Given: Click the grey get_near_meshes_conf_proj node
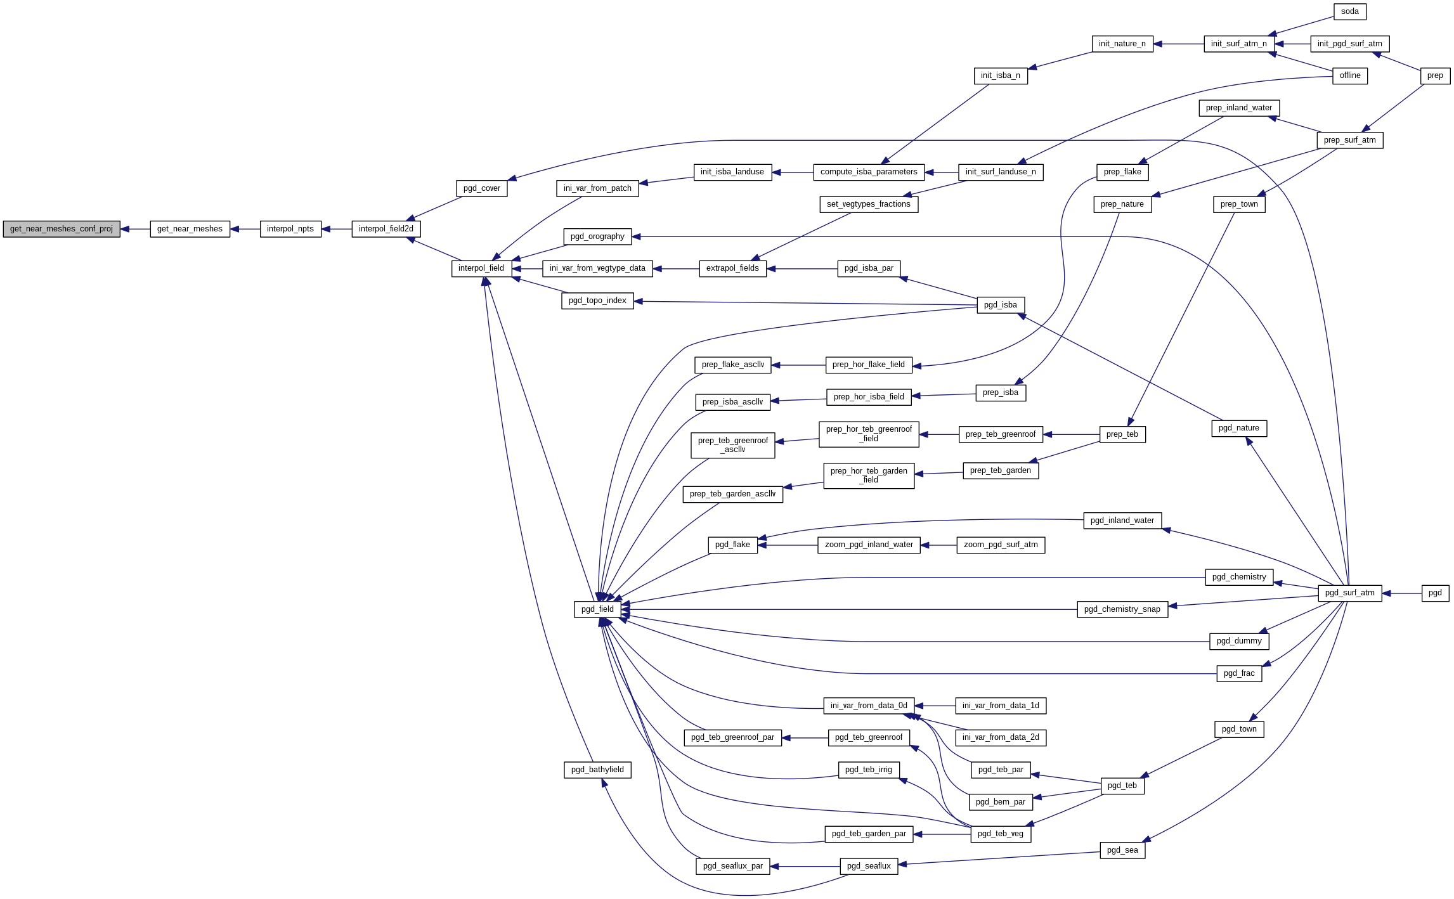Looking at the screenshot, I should coord(62,229).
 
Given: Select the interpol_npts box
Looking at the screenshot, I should coord(290,229).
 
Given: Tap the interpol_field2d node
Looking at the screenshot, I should coord(386,229).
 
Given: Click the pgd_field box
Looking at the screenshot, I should coord(597,609).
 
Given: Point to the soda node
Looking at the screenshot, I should coord(1349,11).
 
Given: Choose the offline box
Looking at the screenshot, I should coord(1349,75).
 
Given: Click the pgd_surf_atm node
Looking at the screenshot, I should coord(1349,593).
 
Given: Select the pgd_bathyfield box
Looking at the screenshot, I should coord(597,770).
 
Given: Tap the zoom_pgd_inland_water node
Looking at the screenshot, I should coord(869,545).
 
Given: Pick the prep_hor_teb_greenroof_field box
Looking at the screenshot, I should coord(869,434).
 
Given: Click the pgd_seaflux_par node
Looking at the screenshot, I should coord(732,866).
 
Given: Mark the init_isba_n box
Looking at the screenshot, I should coord(1000,75).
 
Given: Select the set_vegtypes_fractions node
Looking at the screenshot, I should coord(868,204).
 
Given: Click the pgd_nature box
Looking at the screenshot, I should coord(1238,428).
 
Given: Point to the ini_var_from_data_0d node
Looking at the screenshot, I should coord(868,706).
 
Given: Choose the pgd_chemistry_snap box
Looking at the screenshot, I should coord(1122,609).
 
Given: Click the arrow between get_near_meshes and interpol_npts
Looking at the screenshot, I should coord(245,229).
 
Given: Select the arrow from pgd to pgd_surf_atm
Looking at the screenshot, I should coord(1401,593).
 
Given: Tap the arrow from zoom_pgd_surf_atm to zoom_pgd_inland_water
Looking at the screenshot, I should coord(938,545).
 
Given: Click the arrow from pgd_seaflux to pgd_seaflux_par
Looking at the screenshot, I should coord(805,867).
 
